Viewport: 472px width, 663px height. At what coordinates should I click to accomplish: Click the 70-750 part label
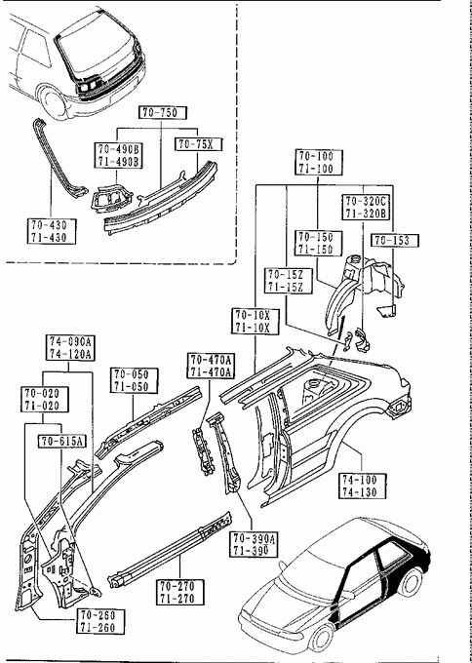(x=163, y=112)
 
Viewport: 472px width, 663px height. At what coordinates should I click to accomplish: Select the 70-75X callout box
(x=199, y=144)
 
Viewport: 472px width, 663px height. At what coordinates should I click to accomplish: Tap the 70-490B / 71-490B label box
(x=118, y=155)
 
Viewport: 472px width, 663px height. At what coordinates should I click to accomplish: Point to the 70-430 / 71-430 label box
(x=52, y=231)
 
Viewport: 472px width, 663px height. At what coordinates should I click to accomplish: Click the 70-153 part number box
(x=395, y=240)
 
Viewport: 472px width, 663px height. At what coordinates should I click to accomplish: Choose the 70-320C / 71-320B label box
(x=366, y=207)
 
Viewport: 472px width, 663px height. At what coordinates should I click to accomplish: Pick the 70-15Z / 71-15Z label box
(x=289, y=281)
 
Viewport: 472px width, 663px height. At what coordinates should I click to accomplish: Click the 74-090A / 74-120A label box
(x=70, y=347)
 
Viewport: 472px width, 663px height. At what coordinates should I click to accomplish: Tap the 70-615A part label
(x=62, y=442)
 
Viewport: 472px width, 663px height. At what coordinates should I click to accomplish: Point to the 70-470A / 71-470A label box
(x=211, y=366)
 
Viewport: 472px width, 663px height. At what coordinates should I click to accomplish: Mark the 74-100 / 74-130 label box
(x=363, y=486)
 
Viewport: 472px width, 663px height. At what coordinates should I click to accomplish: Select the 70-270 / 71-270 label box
(x=180, y=592)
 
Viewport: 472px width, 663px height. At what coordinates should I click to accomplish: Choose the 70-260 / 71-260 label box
(x=100, y=621)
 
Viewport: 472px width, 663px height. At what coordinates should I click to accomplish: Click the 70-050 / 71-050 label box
(x=134, y=380)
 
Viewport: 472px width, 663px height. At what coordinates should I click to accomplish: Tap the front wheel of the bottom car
(x=321, y=638)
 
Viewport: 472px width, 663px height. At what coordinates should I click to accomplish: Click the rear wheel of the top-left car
(x=55, y=104)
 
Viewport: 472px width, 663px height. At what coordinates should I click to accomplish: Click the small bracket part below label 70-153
(x=386, y=312)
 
